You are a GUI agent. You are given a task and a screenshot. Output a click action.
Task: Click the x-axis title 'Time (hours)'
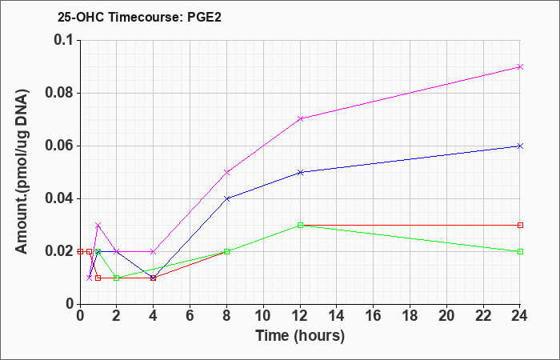point(300,335)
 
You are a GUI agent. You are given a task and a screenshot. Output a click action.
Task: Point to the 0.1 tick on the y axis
point(62,40)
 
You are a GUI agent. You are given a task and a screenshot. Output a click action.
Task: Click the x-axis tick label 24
point(521,315)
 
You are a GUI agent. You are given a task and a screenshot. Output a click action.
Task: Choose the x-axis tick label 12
point(300,315)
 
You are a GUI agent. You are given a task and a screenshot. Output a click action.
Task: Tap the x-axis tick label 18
point(410,315)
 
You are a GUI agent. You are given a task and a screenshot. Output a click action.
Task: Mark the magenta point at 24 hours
point(521,66)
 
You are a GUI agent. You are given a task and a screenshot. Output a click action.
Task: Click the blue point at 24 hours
point(521,146)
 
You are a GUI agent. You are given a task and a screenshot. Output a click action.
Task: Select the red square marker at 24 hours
point(521,225)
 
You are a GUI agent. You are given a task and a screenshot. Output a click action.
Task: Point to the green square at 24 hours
point(521,251)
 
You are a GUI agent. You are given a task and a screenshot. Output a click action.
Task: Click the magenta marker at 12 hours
point(300,119)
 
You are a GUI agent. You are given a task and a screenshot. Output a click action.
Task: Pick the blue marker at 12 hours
point(300,172)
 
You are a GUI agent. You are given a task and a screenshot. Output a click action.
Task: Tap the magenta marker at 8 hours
point(226,172)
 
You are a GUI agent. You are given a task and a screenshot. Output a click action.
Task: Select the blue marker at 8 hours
point(226,198)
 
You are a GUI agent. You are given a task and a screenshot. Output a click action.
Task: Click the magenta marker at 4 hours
point(153,251)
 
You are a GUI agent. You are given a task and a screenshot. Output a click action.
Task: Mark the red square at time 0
point(79,251)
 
